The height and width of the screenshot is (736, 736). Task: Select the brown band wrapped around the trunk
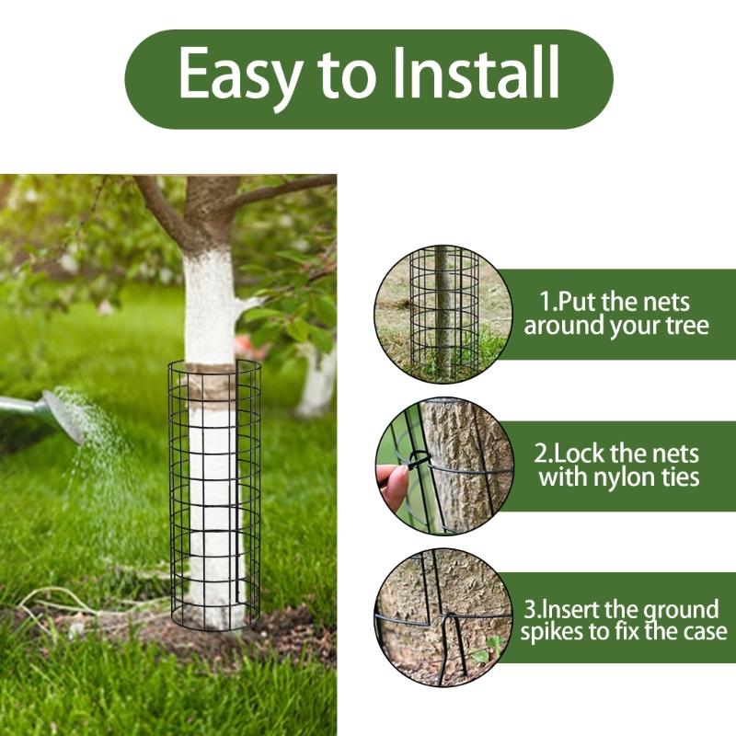click(x=213, y=384)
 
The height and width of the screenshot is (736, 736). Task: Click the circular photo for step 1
click(x=443, y=313)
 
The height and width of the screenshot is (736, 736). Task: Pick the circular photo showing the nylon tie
click(x=443, y=465)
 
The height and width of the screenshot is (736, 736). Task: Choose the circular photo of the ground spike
click(x=443, y=617)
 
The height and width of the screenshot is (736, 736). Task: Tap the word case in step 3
click(x=704, y=632)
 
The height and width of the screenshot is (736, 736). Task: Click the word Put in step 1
click(x=579, y=302)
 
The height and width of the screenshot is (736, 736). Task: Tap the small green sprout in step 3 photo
click(x=487, y=652)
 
